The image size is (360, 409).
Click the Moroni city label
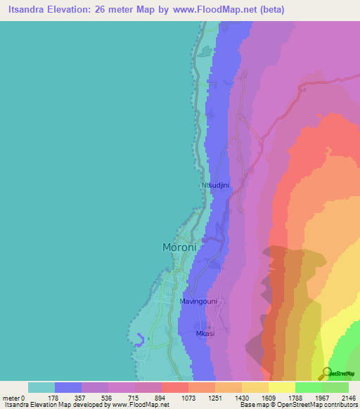[179, 247]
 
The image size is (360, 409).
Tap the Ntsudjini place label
[214, 186]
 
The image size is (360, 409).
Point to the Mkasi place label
[204, 333]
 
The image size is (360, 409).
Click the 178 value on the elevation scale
[55, 398]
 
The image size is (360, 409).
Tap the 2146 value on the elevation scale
[347, 398]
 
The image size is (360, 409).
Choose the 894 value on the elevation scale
[135, 398]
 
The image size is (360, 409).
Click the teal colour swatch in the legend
[41, 387]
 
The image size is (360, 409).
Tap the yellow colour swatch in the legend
[281, 387]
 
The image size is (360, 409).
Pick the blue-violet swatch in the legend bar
[68, 387]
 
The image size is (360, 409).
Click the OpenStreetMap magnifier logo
[326, 372]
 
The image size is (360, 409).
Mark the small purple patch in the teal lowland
[141, 341]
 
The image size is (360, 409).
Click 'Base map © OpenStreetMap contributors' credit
[298, 405]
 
